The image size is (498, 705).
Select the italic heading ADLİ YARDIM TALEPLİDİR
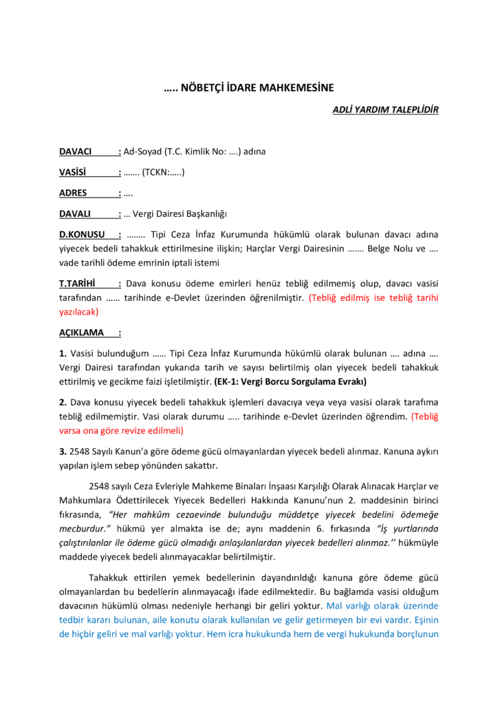point(385,109)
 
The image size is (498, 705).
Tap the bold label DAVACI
point(76,151)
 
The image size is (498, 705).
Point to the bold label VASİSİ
point(73,172)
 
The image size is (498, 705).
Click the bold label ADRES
point(73,193)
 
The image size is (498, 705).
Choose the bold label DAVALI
point(75,214)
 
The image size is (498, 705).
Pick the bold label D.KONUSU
point(82,235)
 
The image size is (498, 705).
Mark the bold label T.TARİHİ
point(78,283)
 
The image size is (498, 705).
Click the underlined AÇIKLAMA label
point(81,333)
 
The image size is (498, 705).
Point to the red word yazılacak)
point(79,311)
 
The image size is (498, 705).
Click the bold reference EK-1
point(227,381)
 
